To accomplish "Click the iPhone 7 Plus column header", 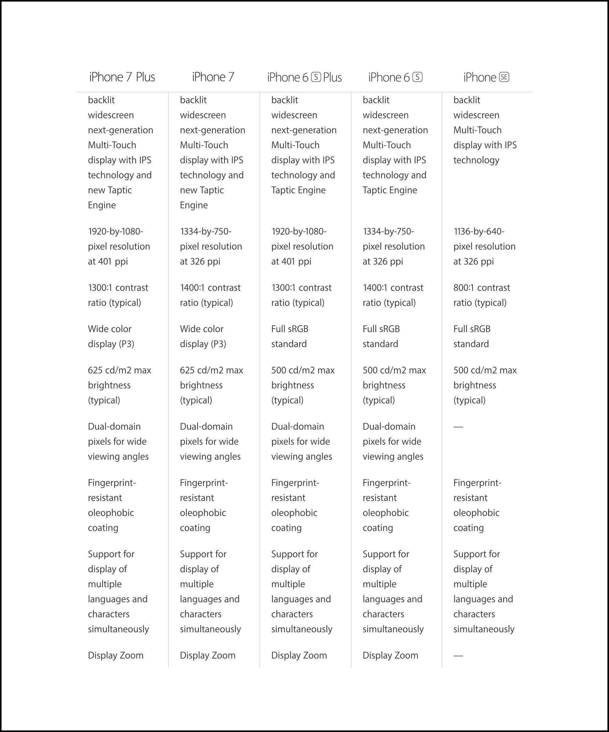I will pyautogui.click(x=122, y=77).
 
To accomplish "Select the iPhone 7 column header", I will pyautogui.click(x=213, y=77).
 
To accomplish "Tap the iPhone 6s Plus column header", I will pyautogui.click(x=304, y=77).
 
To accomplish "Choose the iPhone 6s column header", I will pyautogui.click(x=395, y=77).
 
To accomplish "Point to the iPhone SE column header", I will pyautogui.click(x=486, y=77).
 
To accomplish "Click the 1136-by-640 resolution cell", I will pyautogui.click(x=484, y=246).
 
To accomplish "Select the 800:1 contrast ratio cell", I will pyautogui.click(x=481, y=295).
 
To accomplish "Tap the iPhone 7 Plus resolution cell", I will pyautogui.click(x=119, y=246).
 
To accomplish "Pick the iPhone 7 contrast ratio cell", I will pyautogui.click(x=210, y=295).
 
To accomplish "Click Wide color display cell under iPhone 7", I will pyautogui.click(x=203, y=336).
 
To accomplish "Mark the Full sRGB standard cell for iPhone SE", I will pyautogui.click(x=472, y=336).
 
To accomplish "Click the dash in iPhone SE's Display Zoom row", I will pyautogui.click(x=458, y=656).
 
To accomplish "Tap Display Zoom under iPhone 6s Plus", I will pyautogui.click(x=299, y=655).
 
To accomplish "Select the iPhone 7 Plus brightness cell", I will pyautogui.click(x=119, y=385).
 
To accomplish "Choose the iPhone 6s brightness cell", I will pyautogui.click(x=394, y=385).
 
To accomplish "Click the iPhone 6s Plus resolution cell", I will pyautogui.click(x=302, y=246).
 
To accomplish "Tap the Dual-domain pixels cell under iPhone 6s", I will pyautogui.click(x=393, y=442).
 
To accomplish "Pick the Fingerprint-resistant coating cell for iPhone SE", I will pyautogui.click(x=477, y=505).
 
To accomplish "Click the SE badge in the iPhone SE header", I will pyautogui.click(x=504, y=77).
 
